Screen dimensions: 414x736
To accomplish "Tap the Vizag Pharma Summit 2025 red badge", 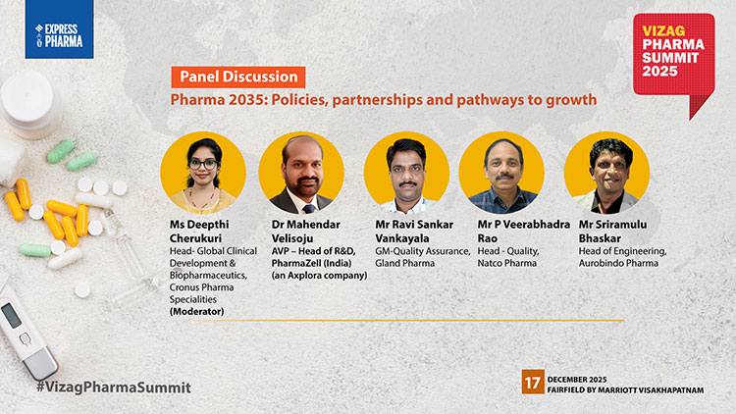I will point(672,58).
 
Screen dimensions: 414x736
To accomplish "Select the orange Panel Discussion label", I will point(237,77).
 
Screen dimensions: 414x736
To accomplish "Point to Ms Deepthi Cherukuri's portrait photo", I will point(202,172).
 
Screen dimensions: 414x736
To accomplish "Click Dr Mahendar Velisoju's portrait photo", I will point(301,172).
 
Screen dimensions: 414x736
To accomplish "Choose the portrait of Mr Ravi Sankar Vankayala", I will point(405,172).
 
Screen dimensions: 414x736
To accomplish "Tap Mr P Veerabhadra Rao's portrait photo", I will point(501,172).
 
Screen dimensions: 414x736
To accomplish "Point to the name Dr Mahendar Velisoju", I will point(302,231).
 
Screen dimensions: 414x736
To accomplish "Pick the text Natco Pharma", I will point(499,264).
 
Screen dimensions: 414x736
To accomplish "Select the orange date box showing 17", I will point(532,383).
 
